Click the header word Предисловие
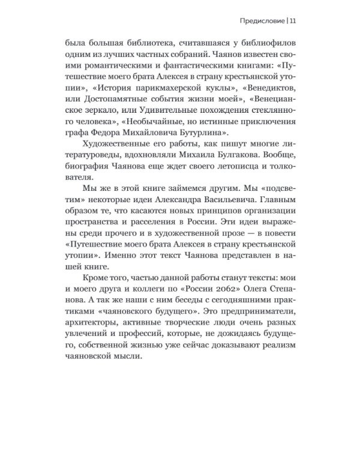point(259,22)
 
